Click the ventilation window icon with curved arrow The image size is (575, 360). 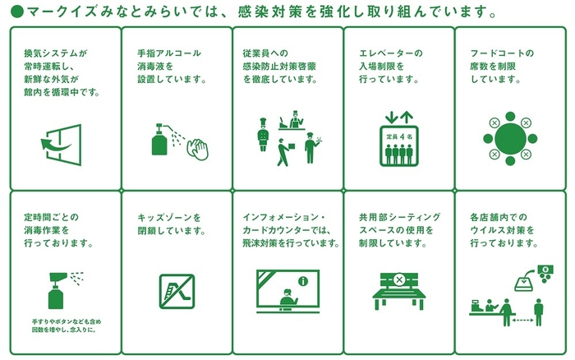(x=61, y=145)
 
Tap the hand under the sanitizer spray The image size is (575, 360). (x=198, y=148)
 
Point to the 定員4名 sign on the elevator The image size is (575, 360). (x=398, y=134)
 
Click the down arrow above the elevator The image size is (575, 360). (x=390, y=117)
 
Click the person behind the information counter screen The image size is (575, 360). (x=287, y=298)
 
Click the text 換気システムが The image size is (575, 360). (x=55, y=54)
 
